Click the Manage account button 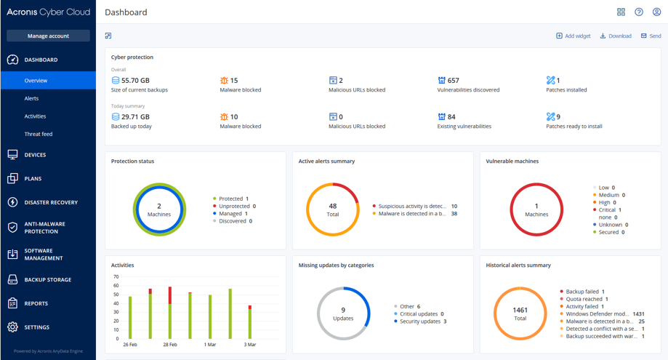click(x=48, y=36)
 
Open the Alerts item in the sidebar click(x=31, y=98)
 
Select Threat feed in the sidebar click(x=39, y=134)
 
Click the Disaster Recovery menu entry click(x=51, y=202)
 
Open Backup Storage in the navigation click(x=48, y=279)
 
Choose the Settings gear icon click(x=12, y=327)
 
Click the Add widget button click(x=574, y=36)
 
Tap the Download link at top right click(x=616, y=36)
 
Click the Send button click(x=651, y=36)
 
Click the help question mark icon click(x=639, y=12)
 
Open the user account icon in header click(x=656, y=12)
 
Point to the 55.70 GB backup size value click(x=135, y=81)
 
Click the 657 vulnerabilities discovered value click(x=453, y=81)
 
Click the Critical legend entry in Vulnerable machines click(x=607, y=210)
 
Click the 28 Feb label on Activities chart click(x=170, y=345)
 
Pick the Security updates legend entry click(x=422, y=321)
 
